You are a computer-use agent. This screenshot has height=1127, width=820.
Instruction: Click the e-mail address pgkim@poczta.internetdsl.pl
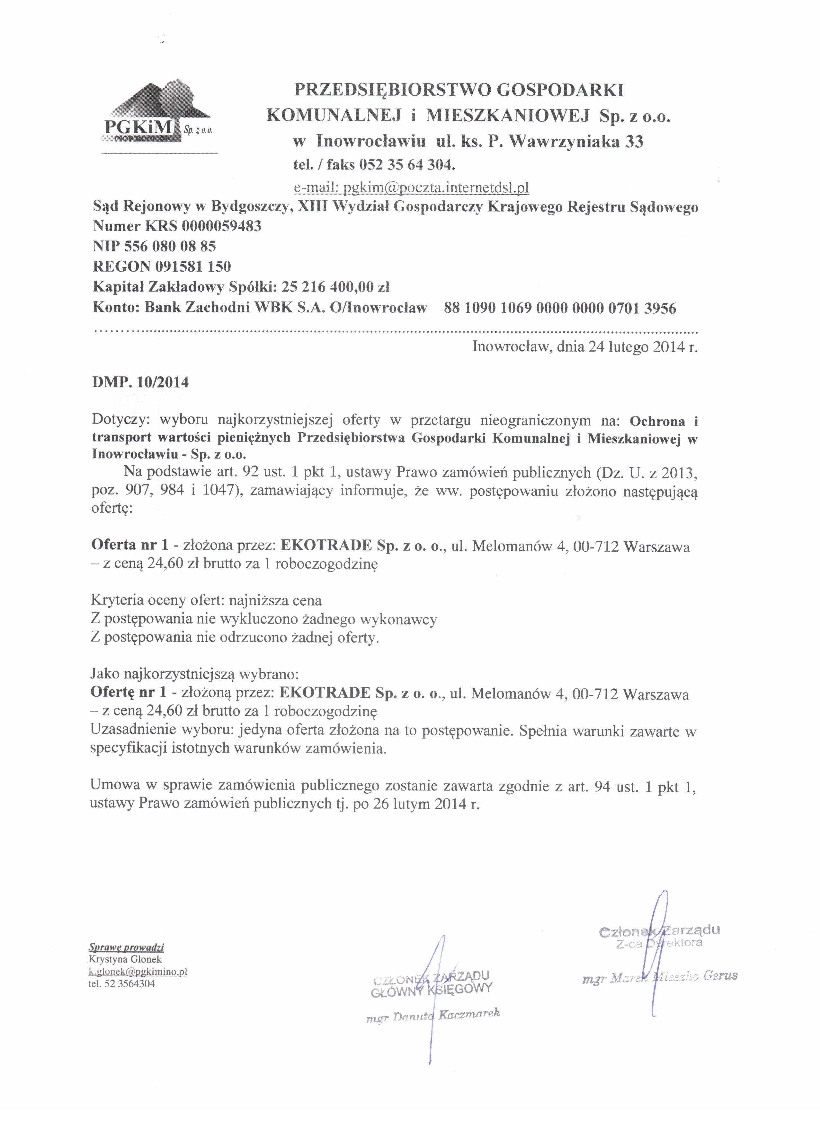(411, 188)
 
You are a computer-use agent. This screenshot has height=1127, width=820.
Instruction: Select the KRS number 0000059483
(221, 227)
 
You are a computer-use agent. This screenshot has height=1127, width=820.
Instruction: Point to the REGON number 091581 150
(193, 267)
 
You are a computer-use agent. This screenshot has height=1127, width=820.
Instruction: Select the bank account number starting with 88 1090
(559, 309)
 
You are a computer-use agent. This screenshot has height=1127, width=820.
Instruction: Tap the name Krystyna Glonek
(125, 959)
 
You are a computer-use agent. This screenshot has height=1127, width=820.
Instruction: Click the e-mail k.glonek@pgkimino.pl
(138, 972)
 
